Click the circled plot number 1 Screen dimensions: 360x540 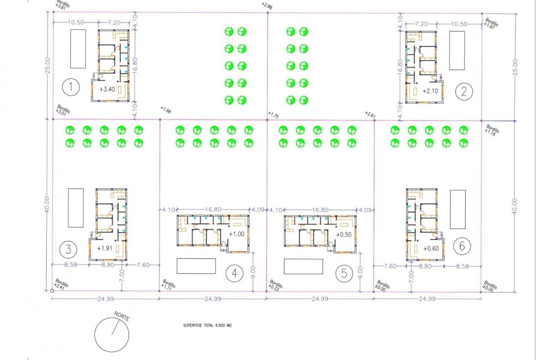(x=71, y=88)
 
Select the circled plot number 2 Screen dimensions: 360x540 (x=463, y=92)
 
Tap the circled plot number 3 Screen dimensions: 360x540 (x=68, y=248)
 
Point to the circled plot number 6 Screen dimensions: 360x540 (x=464, y=246)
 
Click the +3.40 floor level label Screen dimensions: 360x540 (x=108, y=89)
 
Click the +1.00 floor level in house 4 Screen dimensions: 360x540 (x=237, y=234)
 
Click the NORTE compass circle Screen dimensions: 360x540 (x=112, y=334)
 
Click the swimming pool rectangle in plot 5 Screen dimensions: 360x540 (x=304, y=266)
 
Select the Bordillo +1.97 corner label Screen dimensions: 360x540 (x=491, y=22)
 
